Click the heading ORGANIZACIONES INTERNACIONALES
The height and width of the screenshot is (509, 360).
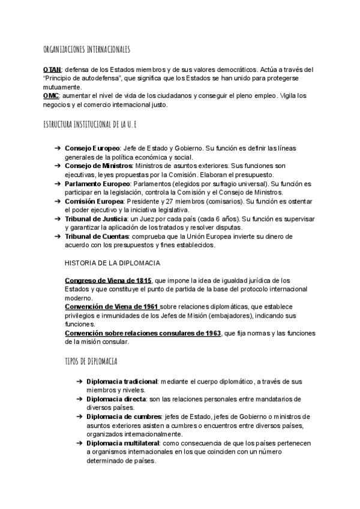(87, 49)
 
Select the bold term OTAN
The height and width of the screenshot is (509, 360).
(52, 70)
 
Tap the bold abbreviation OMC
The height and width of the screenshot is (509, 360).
(52, 96)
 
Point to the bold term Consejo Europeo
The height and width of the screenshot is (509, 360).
(92, 148)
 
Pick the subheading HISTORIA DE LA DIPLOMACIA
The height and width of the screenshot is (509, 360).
(112, 263)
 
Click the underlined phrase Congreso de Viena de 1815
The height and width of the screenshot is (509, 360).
(109, 280)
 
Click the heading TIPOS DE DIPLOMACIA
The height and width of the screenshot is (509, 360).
(91, 362)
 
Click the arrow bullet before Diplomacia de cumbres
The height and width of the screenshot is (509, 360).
(79, 417)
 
